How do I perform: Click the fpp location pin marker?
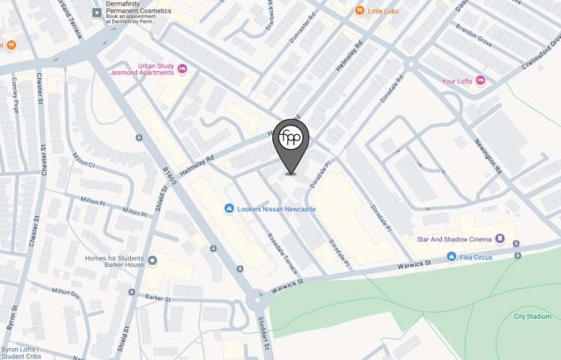291,140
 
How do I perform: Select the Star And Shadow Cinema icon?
500,240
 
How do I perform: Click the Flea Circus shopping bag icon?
451,257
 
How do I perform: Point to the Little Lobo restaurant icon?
359,10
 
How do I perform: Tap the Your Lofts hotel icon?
480,81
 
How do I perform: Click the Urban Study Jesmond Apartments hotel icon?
182,70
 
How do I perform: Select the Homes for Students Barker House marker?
153,260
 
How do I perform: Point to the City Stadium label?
532,317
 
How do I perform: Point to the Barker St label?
158,298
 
